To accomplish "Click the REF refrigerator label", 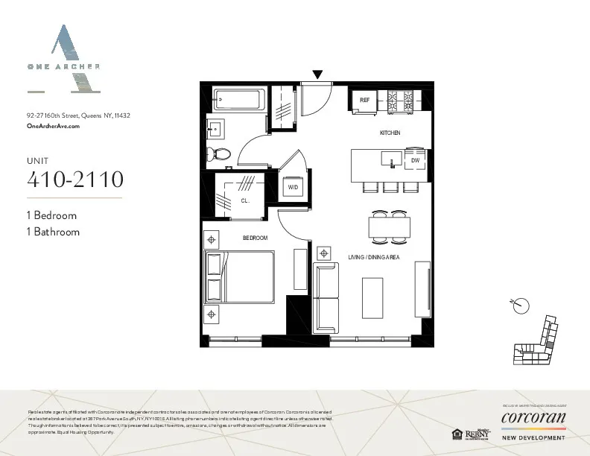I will [365, 100].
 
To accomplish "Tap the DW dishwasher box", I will [415, 160].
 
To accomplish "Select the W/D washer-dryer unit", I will [293, 188].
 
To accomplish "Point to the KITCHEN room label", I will [390, 133].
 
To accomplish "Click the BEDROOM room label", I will [255, 238].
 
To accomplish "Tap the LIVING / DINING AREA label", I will [374, 257].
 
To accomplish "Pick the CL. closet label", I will [244, 200].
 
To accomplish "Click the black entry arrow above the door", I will [318, 74].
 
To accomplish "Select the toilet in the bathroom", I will [221, 154].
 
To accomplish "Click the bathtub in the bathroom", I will [237, 99].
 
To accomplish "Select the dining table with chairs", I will [389, 227].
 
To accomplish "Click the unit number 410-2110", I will [74, 180].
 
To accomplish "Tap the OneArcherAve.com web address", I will [52, 127].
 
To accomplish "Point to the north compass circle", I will [522, 305].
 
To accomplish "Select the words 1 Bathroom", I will [53, 232].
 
